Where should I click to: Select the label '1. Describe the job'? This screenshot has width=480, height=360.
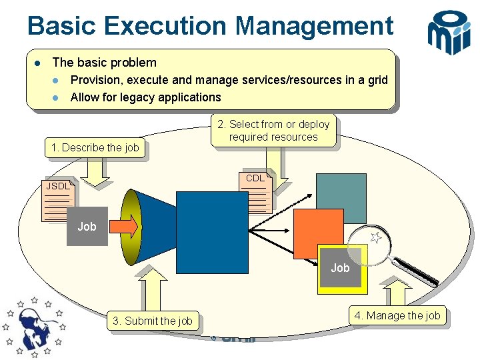(95, 148)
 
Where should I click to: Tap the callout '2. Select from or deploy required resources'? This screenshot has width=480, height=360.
(273, 131)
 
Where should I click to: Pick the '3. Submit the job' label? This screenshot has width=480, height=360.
(153, 321)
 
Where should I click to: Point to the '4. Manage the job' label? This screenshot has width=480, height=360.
(397, 315)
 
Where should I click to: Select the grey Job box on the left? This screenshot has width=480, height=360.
(87, 227)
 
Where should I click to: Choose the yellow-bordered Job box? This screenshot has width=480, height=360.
(341, 269)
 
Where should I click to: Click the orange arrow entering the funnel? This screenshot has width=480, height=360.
(123, 227)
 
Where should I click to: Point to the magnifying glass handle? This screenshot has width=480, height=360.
(416, 267)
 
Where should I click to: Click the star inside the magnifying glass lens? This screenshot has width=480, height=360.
(376, 237)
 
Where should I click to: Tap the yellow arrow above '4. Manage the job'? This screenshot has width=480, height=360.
(399, 291)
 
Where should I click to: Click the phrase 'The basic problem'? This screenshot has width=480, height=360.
(104, 63)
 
